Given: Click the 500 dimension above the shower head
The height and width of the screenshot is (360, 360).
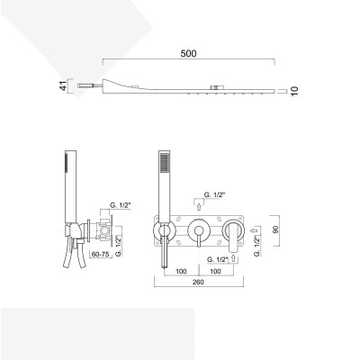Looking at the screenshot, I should click(188, 53).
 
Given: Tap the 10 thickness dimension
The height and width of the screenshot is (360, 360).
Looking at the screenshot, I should click(294, 91).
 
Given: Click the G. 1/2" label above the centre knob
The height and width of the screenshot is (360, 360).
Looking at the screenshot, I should click(216, 194).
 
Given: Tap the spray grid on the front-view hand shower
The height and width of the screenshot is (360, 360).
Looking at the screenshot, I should click(162, 165).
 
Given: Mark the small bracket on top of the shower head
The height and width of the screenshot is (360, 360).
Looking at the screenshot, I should click(216, 86).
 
